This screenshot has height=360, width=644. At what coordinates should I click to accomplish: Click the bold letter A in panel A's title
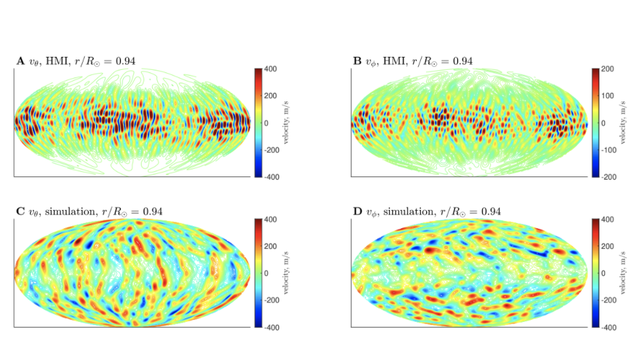pos(21,61)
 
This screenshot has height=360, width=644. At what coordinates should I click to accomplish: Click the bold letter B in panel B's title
pos(357,61)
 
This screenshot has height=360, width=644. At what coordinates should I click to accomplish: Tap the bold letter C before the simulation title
pos(21,211)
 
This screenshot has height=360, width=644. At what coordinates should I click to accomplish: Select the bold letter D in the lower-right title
pos(357,211)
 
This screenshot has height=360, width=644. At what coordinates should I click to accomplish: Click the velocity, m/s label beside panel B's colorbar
pos(625,122)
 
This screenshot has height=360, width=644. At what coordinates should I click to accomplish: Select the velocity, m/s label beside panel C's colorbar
pos(289,273)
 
